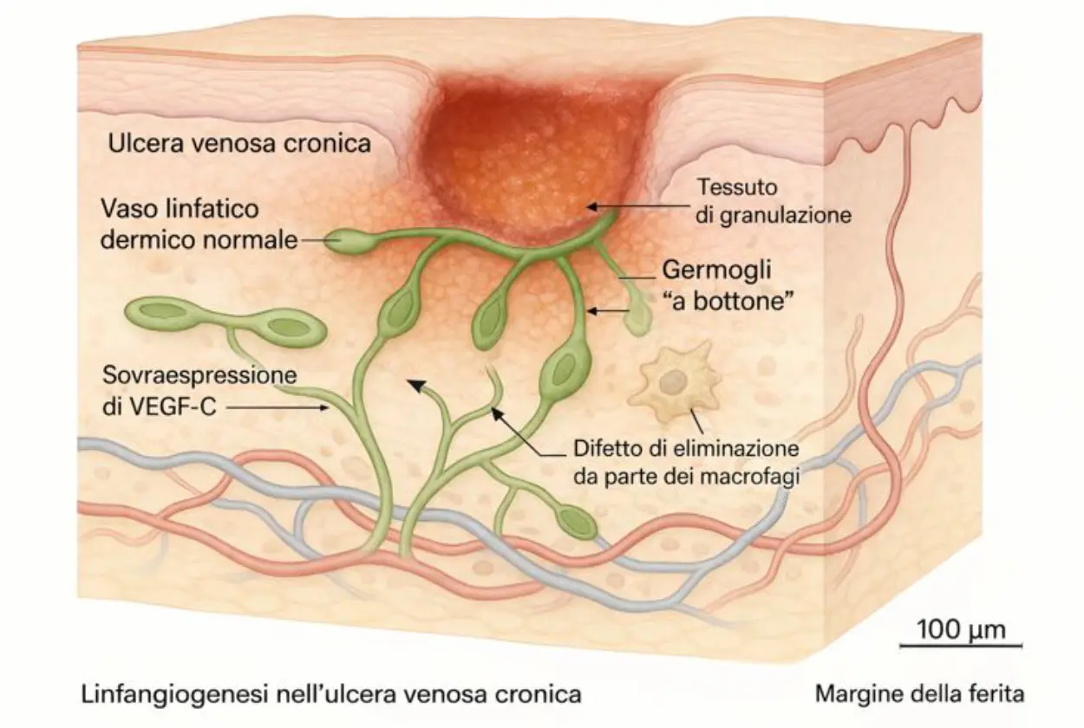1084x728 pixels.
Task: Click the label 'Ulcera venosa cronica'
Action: point(239,142)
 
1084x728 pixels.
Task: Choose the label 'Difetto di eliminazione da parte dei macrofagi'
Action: point(684,465)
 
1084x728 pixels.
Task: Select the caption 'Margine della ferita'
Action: point(919,694)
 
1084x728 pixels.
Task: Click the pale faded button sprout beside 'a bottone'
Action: point(637,318)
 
